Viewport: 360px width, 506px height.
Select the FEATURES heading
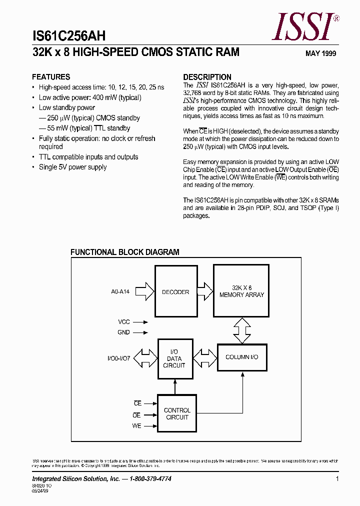click(x=51, y=77)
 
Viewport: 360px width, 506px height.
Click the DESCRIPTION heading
click(x=207, y=77)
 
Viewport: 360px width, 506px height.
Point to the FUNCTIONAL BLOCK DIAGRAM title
click(x=124, y=252)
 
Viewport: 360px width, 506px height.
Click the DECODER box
click(x=175, y=292)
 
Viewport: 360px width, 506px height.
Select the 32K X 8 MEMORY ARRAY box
click(x=241, y=291)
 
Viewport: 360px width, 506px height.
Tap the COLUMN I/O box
click(x=241, y=357)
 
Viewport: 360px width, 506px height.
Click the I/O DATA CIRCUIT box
click(x=174, y=358)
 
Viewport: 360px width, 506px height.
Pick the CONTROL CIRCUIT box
click(x=177, y=413)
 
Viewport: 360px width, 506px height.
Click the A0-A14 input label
click(x=120, y=291)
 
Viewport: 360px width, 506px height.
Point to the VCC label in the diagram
click(x=123, y=322)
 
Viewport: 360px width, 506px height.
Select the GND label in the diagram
click(x=123, y=332)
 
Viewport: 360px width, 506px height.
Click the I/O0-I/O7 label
click(x=118, y=358)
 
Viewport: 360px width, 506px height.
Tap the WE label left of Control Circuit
click(x=136, y=426)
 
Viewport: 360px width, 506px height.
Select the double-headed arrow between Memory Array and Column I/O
click(x=241, y=330)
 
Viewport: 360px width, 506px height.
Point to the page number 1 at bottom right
click(x=337, y=479)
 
